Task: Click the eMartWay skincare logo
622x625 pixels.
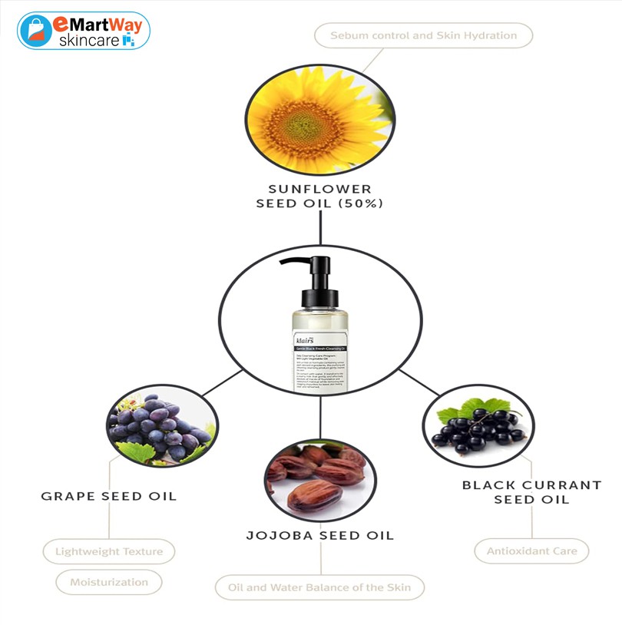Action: [x=83, y=31]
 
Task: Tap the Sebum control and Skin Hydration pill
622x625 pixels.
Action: [x=423, y=35]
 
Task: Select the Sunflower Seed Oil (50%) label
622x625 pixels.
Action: [x=319, y=196]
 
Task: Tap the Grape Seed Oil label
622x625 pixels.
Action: [x=108, y=496]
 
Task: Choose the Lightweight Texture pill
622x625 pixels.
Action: [x=108, y=551]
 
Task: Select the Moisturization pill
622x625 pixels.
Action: [x=108, y=582]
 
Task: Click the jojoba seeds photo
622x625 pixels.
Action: [x=319, y=479]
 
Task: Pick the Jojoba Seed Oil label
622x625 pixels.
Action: [x=319, y=535]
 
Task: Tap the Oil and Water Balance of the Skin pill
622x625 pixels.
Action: [x=319, y=587]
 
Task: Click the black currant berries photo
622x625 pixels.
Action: [x=478, y=430]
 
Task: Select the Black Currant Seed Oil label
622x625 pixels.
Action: [x=531, y=492]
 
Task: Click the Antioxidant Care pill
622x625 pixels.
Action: [x=531, y=551]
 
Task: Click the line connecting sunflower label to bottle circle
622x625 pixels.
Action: [x=319, y=228]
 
